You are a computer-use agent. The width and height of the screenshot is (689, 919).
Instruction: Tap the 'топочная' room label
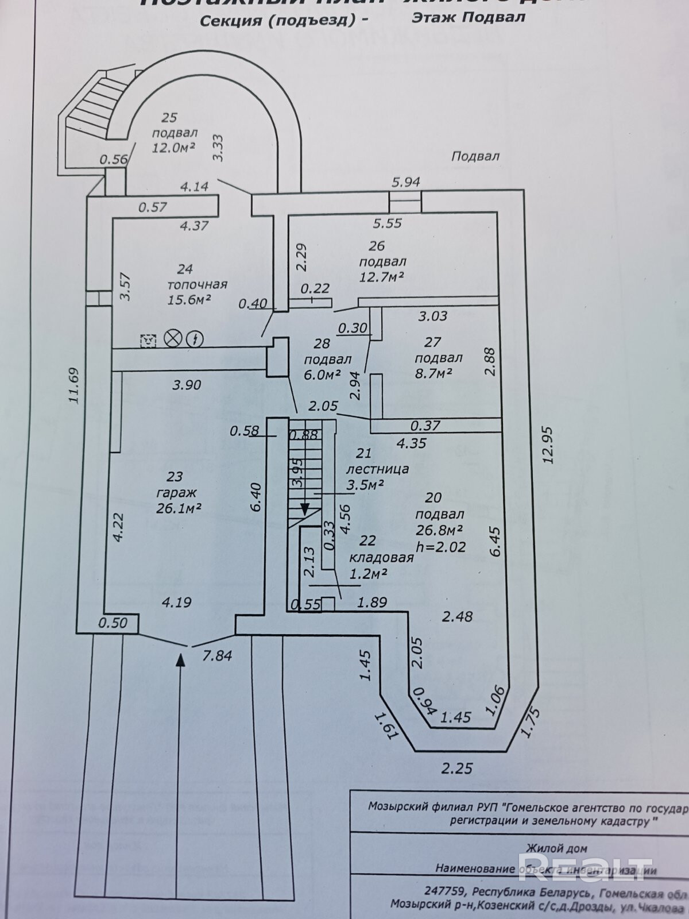pyautogui.click(x=197, y=284)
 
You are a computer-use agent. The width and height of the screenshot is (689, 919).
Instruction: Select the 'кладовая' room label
pyautogui.click(x=381, y=557)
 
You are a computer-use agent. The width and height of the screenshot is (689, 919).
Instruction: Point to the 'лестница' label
pyautogui.click(x=377, y=469)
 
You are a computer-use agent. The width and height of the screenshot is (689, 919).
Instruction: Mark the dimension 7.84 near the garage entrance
pyautogui.click(x=216, y=655)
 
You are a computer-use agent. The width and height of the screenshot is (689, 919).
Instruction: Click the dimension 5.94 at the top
pyautogui.click(x=405, y=182)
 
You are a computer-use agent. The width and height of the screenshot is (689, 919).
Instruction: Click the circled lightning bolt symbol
pyautogui.click(x=196, y=339)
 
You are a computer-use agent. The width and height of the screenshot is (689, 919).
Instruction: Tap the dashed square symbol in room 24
pyautogui.click(x=149, y=340)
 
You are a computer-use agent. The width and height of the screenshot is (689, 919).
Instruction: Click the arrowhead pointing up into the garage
pyautogui.click(x=180, y=661)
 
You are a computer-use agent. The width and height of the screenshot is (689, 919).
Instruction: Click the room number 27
pyautogui.click(x=432, y=342)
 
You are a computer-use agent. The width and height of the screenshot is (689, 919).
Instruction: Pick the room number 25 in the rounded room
pyautogui.click(x=169, y=118)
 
